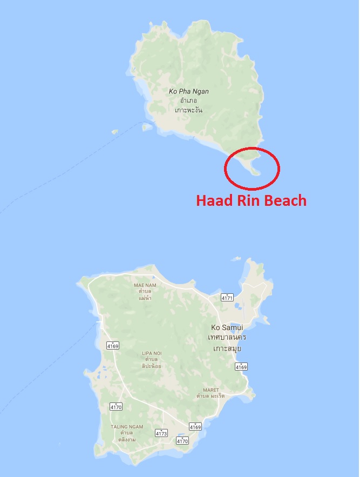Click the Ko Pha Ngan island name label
(188, 91)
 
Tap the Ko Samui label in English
(227, 327)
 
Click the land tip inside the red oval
(256, 172)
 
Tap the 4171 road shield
(227, 298)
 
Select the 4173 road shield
(161, 433)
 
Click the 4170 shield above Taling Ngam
(116, 406)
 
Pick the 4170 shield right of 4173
(183, 441)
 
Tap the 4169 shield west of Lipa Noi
(113, 345)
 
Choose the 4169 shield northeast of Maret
(241, 367)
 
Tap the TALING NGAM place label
(127, 427)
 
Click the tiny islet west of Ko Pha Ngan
(114, 131)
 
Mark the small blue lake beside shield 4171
(239, 309)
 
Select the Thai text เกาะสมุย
(227, 348)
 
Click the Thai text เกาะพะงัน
(189, 110)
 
